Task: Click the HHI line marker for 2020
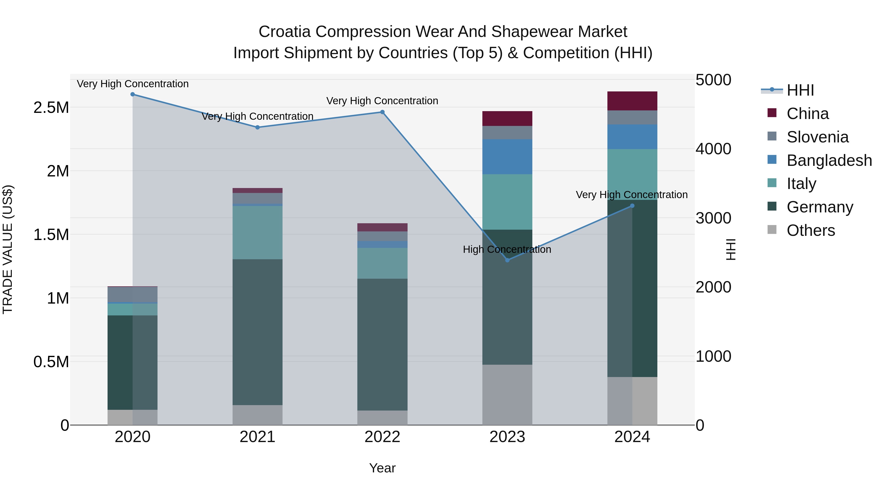pyautogui.click(x=133, y=94)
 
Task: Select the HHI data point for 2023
pyautogui.click(x=507, y=260)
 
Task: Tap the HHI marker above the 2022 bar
pyautogui.click(x=382, y=112)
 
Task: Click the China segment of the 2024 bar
pyautogui.click(x=632, y=101)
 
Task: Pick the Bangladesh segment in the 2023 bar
pyautogui.click(x=507, y=157)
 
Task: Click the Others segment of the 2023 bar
pyautogui.click(x=507, y=395)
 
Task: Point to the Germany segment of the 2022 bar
pyautogui.click(x=382, y=344)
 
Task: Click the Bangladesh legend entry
pyautogui.click(x=829, y=160)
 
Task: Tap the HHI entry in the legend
pyautogui.click(x=800, y=90)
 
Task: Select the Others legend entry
pyautogui.click(x=810, y=230)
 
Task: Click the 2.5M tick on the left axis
pyautogui.click(x=51, y=108)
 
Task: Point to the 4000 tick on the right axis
pyautogui.click(x=713, y=149)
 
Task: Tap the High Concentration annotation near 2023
pyautogui.click(x=507, y=249)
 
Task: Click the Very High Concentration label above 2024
pyautogui.click(x=632, y=195)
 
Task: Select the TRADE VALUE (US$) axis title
pyautogui.click(x=8, y=249)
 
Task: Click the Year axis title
pyautogui.click(x=382, y=468)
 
